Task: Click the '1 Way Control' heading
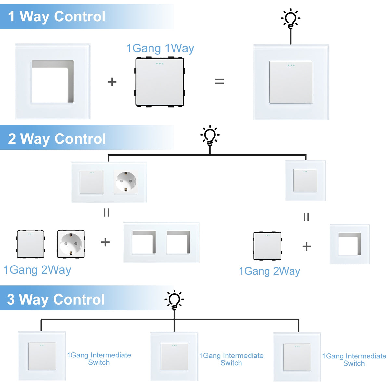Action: click(x=57, y=17)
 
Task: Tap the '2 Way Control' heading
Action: click(x=57, y=139)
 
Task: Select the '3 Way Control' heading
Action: click(x=56, y=299)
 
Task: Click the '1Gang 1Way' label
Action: click(x=160, y=48)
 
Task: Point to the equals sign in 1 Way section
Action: click(x=220, y=81)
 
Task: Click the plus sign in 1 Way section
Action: click(x=112, y=82)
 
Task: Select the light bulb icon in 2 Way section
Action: click(x=210, y=136)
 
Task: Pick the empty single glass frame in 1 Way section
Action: click(x=53, y=81)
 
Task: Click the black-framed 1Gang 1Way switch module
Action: click(x=160, y=82)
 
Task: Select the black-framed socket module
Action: click(x=71, y=244)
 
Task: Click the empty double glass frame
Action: click(x=161, y=242)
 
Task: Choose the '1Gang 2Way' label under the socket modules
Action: click(x=37, y=270)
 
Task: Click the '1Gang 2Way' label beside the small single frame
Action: click(x=269, y=271)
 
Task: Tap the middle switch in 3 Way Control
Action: click(x=174, y=357)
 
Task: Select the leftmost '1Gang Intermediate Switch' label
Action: click(x=99, y=359)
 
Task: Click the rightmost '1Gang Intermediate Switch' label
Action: click(x=354, y=360)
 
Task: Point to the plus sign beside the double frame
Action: click(x=105, y=242)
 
